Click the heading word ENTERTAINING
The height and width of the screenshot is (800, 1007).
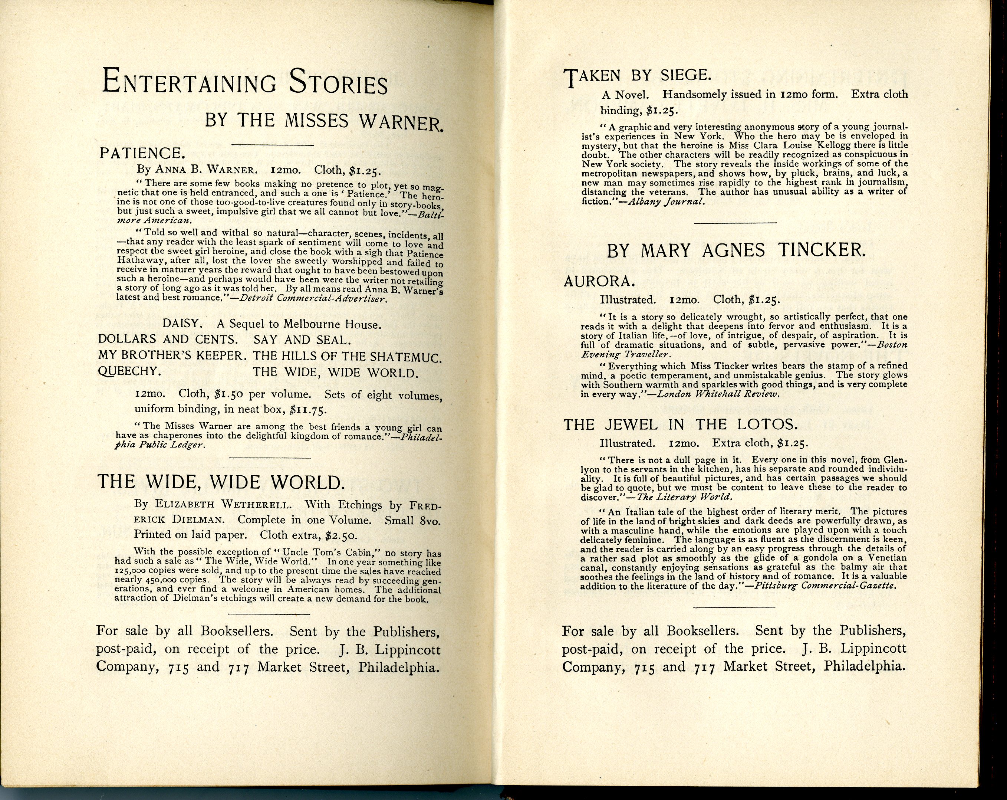tap(189, 83)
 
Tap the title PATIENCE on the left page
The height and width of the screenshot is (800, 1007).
tap(140, 153)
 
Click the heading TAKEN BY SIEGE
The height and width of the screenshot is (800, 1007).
tap(638, 76)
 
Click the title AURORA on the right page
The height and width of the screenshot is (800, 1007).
tap(593, 281)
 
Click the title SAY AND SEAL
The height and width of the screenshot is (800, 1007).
tap(302, 340)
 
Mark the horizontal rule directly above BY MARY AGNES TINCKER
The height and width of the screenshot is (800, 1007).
tap(735, 222)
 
